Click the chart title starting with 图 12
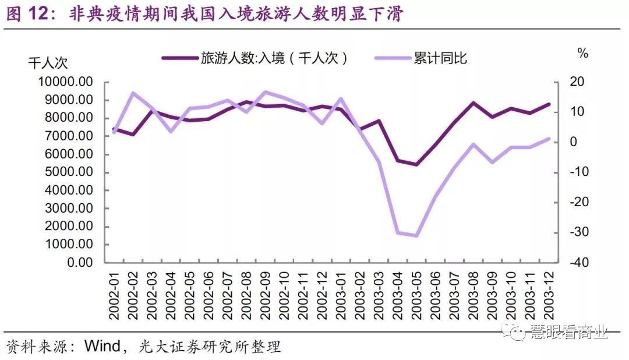(204, 14)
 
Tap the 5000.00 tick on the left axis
(68, 172)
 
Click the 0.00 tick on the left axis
(79, 263)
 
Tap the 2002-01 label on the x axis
(115, 295)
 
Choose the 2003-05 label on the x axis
(416, 295)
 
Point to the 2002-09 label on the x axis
(266, 295)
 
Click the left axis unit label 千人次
(48, 63)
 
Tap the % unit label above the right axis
(582, 54)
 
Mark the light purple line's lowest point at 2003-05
(416, 236)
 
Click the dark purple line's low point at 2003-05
(416, 164)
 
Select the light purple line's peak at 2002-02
(133, 93)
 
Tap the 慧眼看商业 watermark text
(568, 333)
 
